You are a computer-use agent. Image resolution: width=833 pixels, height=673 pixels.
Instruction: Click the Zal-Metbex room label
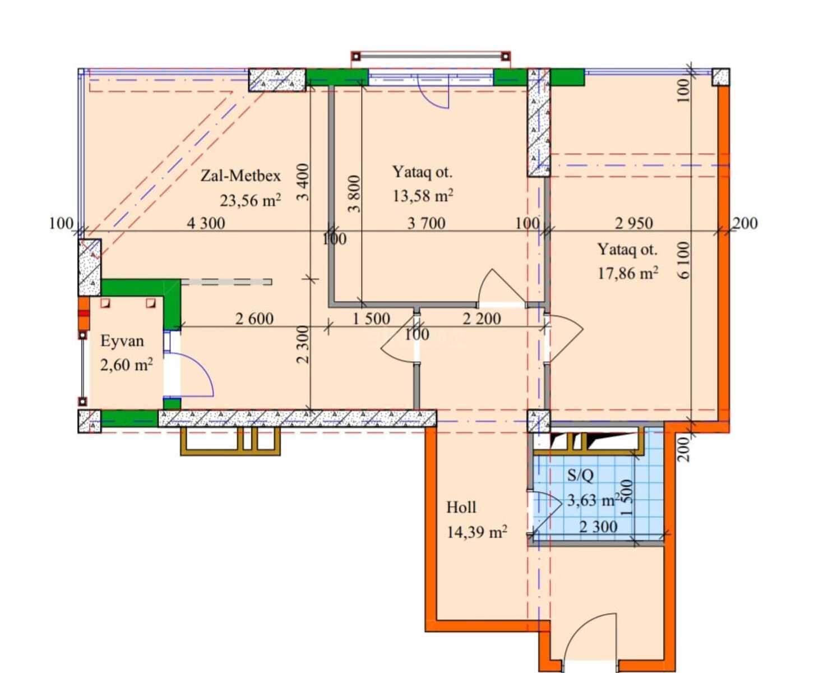point(240,176)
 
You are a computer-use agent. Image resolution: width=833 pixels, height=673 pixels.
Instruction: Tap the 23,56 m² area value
point(250,200)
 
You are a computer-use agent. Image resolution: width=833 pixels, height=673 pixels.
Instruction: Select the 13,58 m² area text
point(423,196)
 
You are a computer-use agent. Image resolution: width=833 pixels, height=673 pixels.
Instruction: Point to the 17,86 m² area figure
point(628,273)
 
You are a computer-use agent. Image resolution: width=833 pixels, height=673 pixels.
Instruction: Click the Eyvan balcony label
point(122,341)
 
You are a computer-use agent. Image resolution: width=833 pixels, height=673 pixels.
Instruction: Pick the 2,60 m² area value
point(126,365)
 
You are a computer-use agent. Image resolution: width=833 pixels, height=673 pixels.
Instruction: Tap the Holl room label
point(461,508)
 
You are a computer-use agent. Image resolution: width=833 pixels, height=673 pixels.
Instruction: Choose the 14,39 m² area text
point(476,532)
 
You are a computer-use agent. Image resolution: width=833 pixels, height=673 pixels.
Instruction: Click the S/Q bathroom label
point(580,475)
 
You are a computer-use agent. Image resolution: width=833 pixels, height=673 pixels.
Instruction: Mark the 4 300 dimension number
point(206,223)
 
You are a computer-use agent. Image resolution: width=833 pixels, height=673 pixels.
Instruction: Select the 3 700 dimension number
point(426,223)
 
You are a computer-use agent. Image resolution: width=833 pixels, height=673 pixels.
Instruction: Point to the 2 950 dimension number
point(634,223)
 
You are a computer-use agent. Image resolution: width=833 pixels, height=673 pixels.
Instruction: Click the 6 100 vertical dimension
point(683,260)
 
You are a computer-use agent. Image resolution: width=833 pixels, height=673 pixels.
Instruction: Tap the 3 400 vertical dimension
point(303,182)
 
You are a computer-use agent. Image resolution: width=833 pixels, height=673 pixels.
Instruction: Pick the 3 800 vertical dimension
point(354,193)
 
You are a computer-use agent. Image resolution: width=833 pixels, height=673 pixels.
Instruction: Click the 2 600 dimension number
point(254,319)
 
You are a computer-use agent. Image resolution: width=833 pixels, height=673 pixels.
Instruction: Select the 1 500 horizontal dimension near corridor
point(371,319)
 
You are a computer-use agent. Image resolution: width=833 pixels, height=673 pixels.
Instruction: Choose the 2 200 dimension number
point(482,319)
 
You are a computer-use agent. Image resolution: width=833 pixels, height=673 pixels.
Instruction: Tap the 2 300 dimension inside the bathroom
point(598,527)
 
